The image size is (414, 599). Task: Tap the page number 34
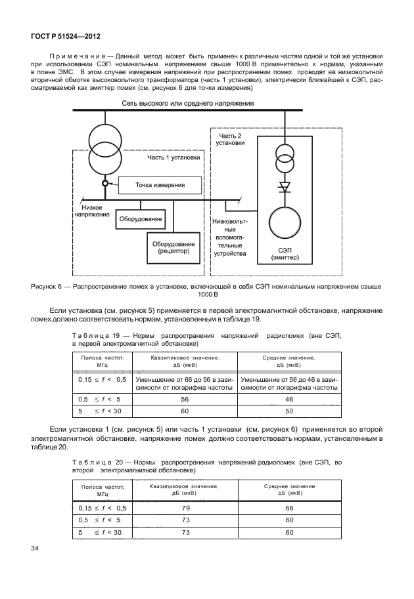click(x=35, y=547)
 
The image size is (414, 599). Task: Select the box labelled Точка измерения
click(x=160, y=186)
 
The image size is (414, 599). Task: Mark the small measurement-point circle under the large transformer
click(x=104, y=185)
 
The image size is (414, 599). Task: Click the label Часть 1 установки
click(x=174, y=157)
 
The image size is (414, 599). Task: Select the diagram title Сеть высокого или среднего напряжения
click(x=188, y=104)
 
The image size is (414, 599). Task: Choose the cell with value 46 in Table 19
click(x=288, y=398)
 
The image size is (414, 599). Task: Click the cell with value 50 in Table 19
click(x=288, y=411)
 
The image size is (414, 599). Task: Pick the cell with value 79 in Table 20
click(x=184, y=508)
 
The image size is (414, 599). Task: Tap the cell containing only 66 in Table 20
click(x=288, y=508)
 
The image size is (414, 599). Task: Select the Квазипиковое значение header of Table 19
click(x=184, y=361)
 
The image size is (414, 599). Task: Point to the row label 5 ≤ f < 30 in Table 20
click(x=101, y=532)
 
